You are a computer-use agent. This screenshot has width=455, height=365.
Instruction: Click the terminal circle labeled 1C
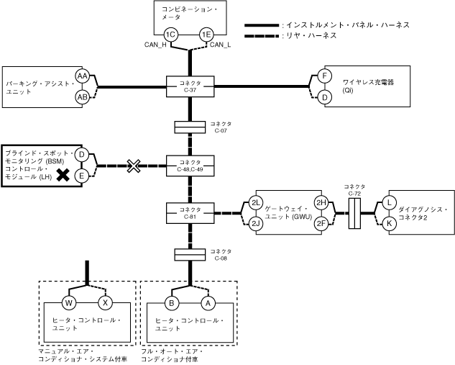click(170, 35)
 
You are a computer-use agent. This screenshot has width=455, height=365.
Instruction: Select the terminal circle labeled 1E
click(206, 35)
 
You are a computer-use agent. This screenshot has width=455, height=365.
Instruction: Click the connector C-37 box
click(190, 86)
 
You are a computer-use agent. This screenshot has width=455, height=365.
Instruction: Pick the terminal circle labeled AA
click(82, 76)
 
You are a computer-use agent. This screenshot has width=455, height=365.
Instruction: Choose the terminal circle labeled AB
click(82, 96)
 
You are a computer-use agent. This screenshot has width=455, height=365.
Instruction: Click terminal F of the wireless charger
click(325, 76)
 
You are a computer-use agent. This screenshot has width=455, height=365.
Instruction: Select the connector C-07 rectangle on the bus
click(190, 127)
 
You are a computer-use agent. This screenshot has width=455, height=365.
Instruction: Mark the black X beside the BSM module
click(64, 175)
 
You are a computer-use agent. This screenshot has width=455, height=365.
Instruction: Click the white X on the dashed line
click(133, 166)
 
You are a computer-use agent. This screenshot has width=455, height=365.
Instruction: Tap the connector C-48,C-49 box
click(190, 166)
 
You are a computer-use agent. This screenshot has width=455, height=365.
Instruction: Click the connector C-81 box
click(190, 212)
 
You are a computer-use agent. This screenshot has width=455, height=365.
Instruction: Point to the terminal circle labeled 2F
click(321, 223)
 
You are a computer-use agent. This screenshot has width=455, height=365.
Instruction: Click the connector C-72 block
click(354, 213)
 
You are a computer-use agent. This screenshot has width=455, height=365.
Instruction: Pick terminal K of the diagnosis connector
click(389, 223)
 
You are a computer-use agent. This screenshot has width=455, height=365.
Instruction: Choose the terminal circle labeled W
click(70, 302)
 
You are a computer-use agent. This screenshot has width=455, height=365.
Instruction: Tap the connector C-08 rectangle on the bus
click(190, 254)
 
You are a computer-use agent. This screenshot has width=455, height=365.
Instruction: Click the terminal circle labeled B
click(173, 302)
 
